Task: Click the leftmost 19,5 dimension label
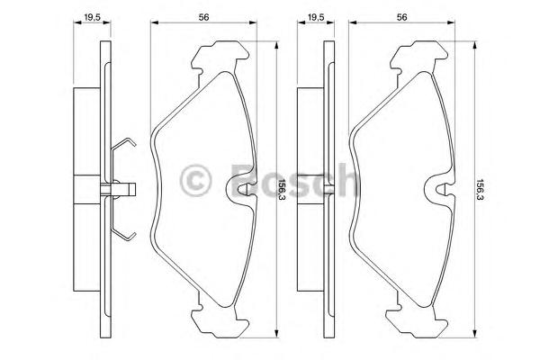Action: click(92, 17)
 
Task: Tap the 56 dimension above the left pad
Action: click(203, 17)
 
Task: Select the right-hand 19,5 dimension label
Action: click(316, 17)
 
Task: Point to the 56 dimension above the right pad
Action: click(402, 17)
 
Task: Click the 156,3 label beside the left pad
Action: click(282, 190)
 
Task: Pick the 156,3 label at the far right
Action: click(480, 190)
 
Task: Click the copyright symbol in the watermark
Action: click(195, 181)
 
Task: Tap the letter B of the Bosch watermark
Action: click(245, 180)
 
